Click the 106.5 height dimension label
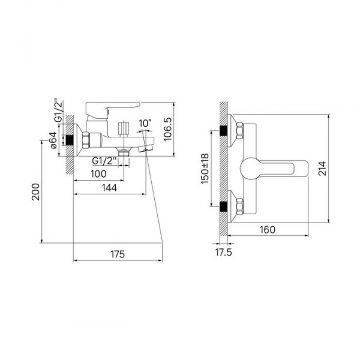(x=168, y=129)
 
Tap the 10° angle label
(x=145, y=123)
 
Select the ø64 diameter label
(x=53, y=140)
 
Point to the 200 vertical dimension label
(x=35, y=192)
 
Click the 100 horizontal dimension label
(x=98, y=174)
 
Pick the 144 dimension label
(x=109, y=188)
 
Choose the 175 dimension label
(x=118, y=254)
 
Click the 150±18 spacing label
(x=205, y=169)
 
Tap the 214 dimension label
(x=322, y=169)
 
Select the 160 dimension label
(x=268, y=229)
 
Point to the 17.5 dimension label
(x=224, y=252)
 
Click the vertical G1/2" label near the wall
(x=59, y=110)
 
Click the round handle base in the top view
(x=249, y=169)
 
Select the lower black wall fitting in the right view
(x=223, y=206)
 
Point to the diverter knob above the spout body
(x=124, y=129)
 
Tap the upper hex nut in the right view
(x=239, y=131)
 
